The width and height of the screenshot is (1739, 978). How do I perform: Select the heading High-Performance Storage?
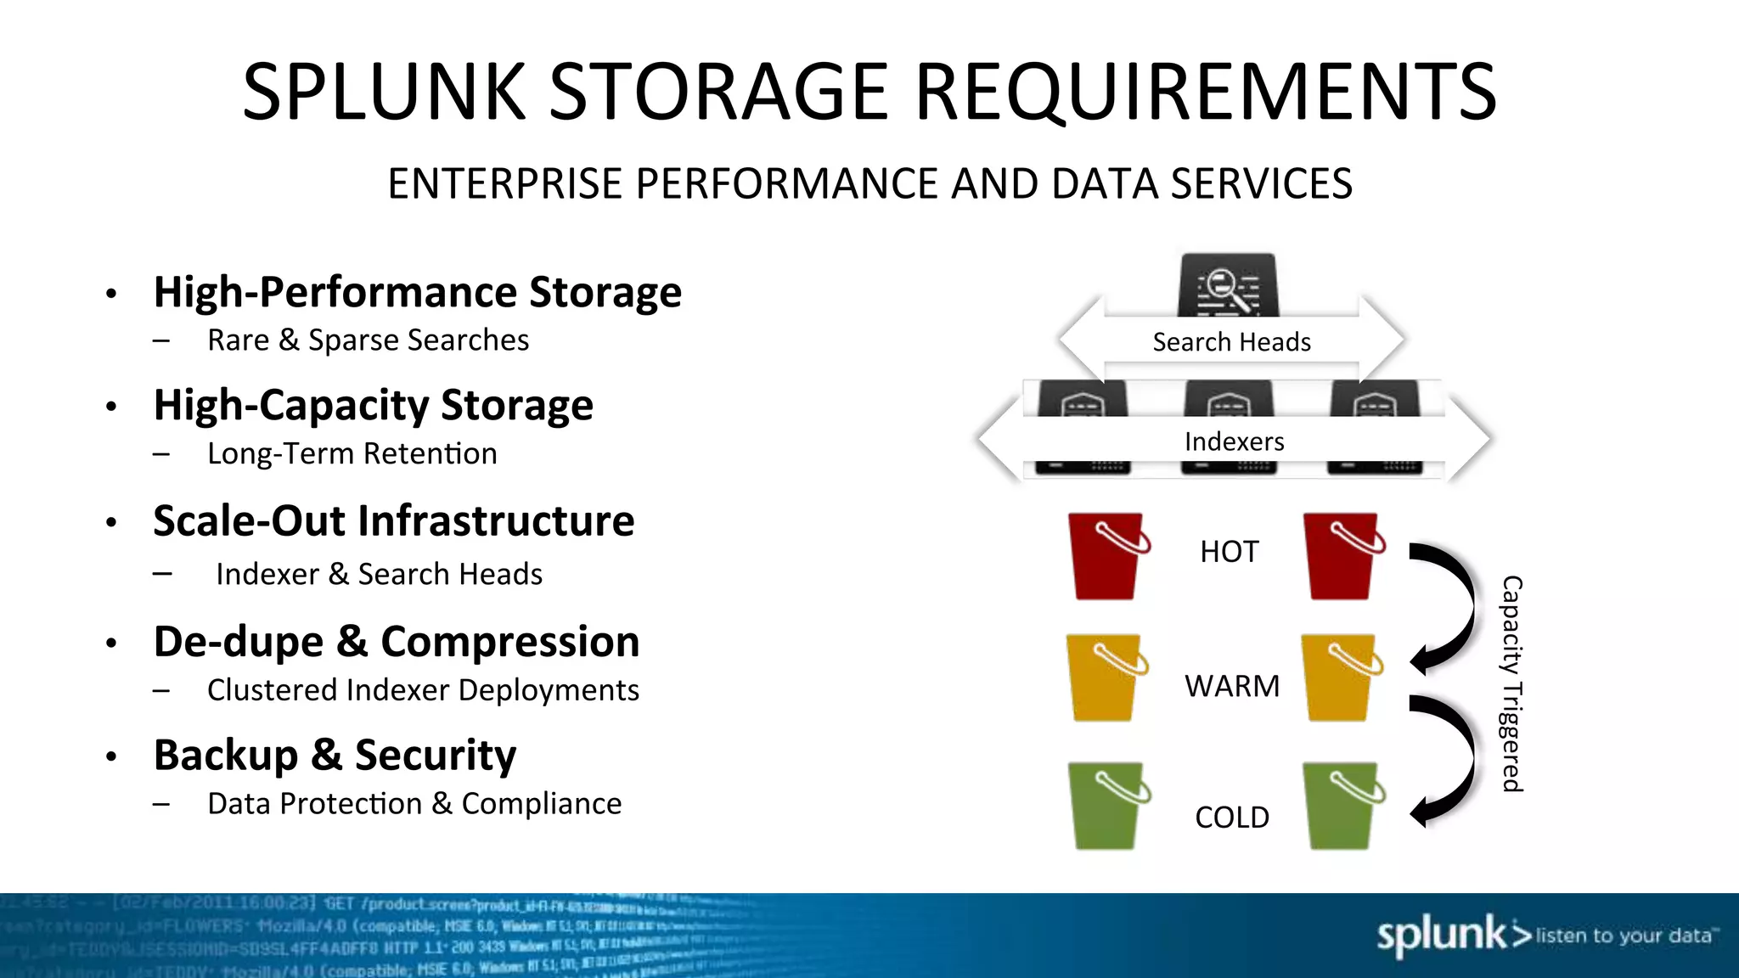(417, 292)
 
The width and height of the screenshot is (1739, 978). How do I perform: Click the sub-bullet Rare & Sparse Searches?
(368, 340)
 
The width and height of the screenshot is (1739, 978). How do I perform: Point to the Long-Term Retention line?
(352, 454)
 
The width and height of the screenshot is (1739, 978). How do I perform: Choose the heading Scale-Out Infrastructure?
(393, 520)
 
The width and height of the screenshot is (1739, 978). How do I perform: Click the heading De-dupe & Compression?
(396, 642)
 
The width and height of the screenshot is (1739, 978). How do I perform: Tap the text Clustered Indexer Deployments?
(423, 690)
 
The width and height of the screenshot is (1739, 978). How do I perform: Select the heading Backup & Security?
(335, 755)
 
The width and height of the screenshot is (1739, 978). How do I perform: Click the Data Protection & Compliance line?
(414, 804)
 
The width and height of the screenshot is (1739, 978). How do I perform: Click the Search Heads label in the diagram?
(1231, 342)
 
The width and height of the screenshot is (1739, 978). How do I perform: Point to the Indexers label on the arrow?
(1234, 441)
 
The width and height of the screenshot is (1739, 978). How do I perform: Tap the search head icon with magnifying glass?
(1228, 287)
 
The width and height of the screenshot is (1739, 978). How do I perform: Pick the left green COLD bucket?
(1106, 807)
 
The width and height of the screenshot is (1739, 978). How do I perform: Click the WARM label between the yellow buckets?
(1231, 686)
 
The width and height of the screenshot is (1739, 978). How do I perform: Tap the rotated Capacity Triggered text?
(1512, 683)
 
